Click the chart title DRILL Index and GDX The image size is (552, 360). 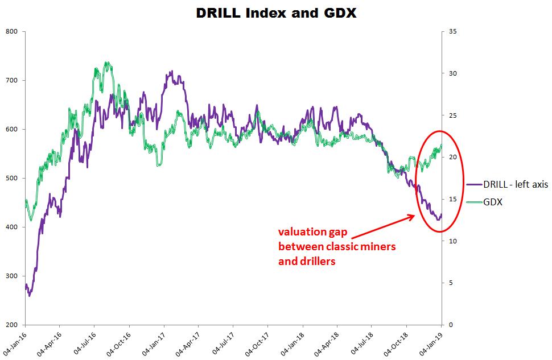[276, 13]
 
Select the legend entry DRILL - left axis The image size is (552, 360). [516, 185]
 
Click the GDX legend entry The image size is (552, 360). [493, 201]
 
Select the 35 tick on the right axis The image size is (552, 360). [452, 31]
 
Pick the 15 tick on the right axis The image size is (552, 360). [452, 199]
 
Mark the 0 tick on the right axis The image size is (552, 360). [450, 325]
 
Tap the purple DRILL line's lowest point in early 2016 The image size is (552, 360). [29, 296]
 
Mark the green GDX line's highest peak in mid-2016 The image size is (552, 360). [107, 63]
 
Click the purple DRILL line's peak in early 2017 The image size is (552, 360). [171, 72]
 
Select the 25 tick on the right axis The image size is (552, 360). [452, 115]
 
